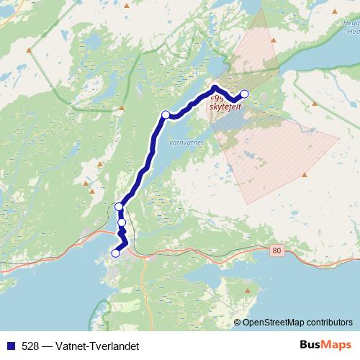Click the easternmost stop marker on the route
(x=244, y=94)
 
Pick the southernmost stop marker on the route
(x=115, y=253)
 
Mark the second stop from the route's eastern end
(x=166, y=114)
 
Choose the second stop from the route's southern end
(x=122, y=222)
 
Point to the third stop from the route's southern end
(x=119, y=207)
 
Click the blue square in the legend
(x=10, y=346)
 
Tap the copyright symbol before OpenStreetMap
(x=238, y=323)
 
